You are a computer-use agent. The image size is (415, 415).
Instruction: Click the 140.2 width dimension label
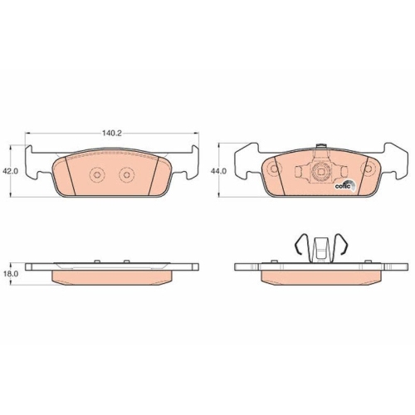click(112, 134)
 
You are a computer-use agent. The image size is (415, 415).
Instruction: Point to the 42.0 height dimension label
click(10, 171)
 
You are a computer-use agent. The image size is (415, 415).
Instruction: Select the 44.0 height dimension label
click(218, 171)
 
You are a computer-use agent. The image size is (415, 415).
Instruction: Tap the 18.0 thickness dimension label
click(10, 274)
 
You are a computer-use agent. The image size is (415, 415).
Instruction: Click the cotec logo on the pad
click(345, 186)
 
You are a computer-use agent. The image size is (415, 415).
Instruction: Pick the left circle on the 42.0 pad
click(97, 174)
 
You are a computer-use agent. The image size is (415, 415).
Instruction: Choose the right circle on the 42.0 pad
click(126, 174)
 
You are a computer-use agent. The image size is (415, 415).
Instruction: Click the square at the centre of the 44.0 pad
click(320, 172)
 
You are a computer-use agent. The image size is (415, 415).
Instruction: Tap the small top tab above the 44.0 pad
click(321, 146)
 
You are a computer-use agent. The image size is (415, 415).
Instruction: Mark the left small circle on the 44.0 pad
click(274, 168)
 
